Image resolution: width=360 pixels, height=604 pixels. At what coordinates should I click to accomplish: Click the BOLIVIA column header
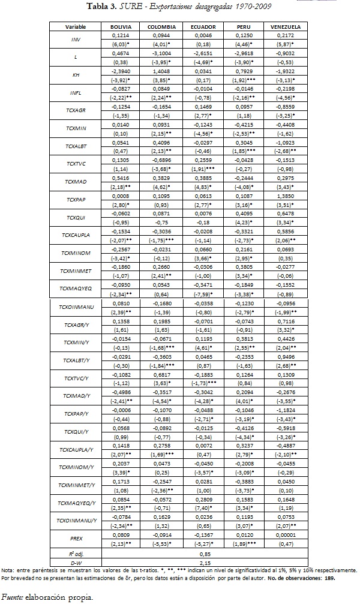tap(121, 28)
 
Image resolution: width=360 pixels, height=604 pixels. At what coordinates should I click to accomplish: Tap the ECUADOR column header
tap(203, 28)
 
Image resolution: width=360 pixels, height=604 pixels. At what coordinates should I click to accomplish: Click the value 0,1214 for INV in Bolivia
tap(121, 37)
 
